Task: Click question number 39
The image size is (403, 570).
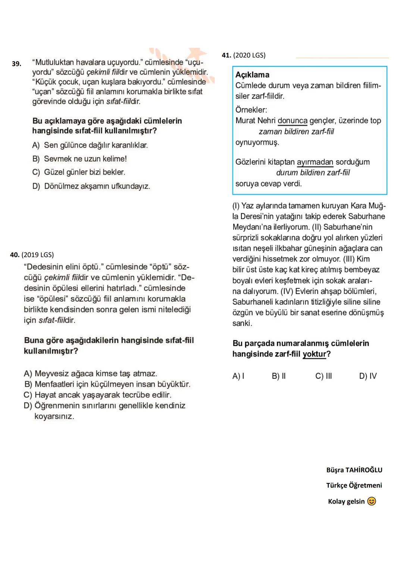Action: [16, 64]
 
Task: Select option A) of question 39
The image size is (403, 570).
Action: [90, 145]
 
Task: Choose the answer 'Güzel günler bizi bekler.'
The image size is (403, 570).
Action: [84, 172]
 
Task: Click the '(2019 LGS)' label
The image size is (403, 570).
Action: [37, 255]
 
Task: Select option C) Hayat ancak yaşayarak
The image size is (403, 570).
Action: [97, 395]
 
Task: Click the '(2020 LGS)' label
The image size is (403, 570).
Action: [249, 55]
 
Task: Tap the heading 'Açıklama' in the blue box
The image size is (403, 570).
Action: [252, 75]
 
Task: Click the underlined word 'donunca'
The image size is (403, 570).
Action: [293, 121]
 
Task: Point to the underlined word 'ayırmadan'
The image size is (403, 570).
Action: [315, 162]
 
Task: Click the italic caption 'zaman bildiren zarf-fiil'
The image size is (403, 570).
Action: [296, 131]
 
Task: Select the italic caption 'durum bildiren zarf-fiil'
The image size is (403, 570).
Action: [313, 172]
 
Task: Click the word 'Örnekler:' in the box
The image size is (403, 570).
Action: [251, 110]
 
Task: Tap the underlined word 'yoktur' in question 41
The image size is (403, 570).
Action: [314, 354]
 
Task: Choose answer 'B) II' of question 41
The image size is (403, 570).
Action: [279, 376]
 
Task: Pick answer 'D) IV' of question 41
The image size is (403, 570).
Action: [368, 376]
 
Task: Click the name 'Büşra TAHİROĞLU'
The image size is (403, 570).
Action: [354, 470]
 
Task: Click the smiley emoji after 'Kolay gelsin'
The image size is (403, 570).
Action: [372, 501]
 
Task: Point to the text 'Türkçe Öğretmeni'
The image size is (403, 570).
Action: [354, 485]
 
